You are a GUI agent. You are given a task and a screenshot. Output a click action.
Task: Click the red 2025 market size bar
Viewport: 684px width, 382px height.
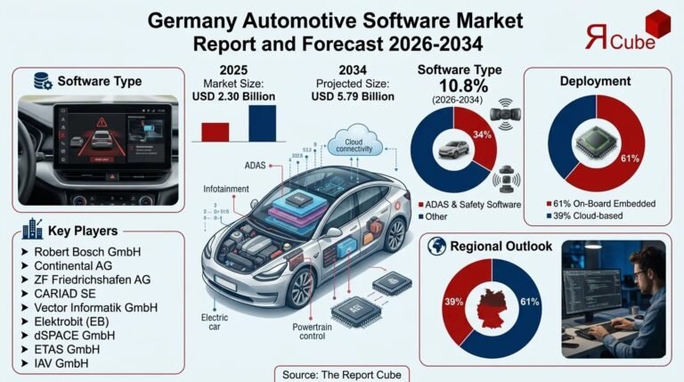[x=216, y=132]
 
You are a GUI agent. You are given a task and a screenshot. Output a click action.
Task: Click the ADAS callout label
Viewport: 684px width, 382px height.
[x=256, y=165]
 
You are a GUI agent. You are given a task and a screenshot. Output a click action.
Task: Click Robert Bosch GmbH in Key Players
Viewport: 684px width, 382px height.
[x=88, y=252]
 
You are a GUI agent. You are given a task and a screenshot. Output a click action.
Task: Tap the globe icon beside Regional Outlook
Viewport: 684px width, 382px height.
[x=437, y=247]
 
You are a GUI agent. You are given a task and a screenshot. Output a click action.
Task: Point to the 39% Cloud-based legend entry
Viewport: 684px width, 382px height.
[x=588, y=216]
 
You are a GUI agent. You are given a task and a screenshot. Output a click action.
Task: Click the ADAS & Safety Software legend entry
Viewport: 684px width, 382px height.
[x=472, y=203]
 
